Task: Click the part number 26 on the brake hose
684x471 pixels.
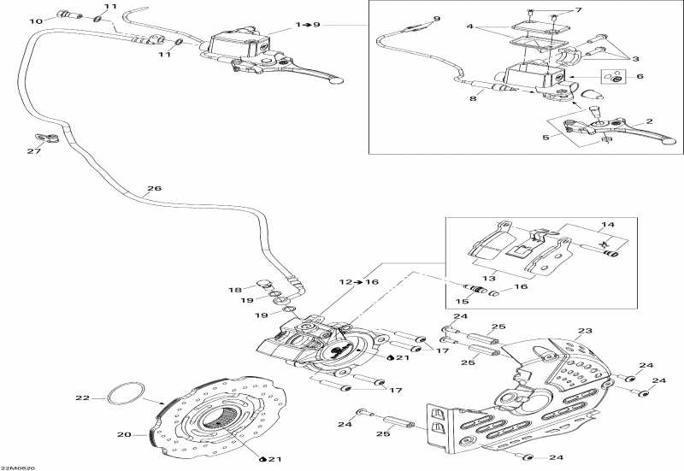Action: [x=154, y=188]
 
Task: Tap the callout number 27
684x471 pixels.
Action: [x=34, y=151]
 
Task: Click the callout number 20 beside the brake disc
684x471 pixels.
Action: [x=124, y=434]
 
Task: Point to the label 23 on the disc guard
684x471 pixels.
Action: [x=585, y=331]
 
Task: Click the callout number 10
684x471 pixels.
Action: [x=36, y=21]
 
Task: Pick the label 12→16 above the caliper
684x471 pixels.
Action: [x=358, y=282]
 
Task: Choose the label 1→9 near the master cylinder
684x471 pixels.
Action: [x=308, y=25]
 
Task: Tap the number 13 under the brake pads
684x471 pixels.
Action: [x=489, y=278]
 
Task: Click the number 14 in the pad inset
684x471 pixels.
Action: [x=608, y=225]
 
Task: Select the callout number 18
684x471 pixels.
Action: [x=235, y=290]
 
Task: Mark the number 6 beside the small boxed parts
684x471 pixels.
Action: [x=640, y=76]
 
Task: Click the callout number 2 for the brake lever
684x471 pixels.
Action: [x=650, y=121]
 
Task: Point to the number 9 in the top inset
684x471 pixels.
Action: [x=437, y=19]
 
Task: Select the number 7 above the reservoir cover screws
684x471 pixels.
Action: [x=579, y=9]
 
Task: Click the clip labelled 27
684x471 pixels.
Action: [x=48, y=138]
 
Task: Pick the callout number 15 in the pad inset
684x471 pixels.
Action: [x=462, y=302]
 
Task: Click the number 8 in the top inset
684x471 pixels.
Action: [x=473, y=98]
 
